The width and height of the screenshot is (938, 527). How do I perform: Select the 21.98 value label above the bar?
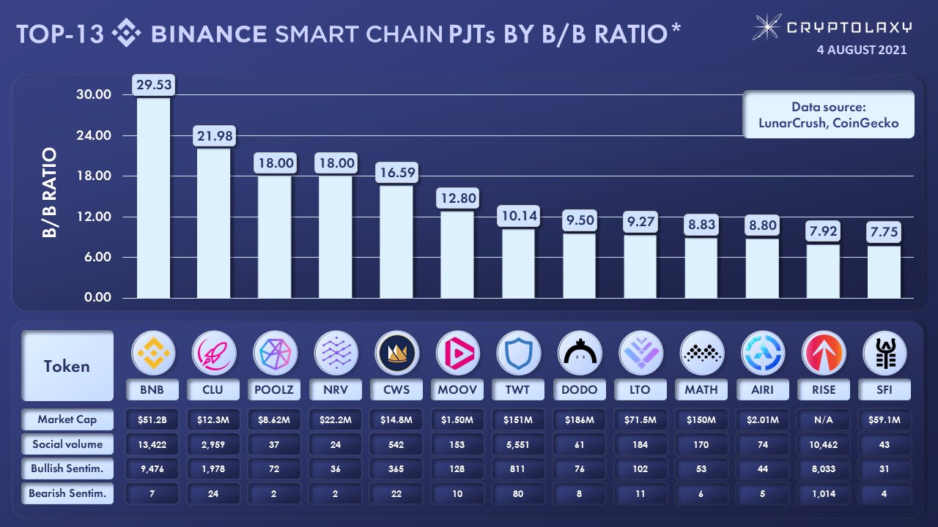(x=213, y=135)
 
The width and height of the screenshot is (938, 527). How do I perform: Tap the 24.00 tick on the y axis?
(x=93, y=135)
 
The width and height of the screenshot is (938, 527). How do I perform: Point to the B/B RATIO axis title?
(x=49, y=193)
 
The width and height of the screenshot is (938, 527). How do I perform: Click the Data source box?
(x=828, y=114)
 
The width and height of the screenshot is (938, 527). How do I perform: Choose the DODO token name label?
(x=580, y=389)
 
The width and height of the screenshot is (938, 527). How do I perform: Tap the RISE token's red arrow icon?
(x=824, y=354)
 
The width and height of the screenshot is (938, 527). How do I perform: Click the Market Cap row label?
(x=67, y=419)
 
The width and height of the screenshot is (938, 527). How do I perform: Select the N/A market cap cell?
(x=824, y=419)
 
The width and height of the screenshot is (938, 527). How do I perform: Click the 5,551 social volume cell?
(x=519, y=444)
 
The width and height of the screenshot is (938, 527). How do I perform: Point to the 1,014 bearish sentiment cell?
(x=824, y=494)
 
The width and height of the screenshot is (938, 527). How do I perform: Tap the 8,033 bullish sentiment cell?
(x=824, y=469)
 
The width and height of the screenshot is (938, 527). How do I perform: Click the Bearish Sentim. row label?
(x=67, y=494)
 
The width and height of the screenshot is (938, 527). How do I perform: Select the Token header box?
(x=67, y=366)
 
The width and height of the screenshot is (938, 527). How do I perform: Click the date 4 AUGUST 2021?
(x=862, y=51)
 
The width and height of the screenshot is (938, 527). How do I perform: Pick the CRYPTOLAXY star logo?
(x=767, y=28)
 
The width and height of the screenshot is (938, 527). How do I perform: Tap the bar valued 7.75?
(x=885, y=272)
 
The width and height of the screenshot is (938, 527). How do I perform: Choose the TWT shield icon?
(x=519, y=354)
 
